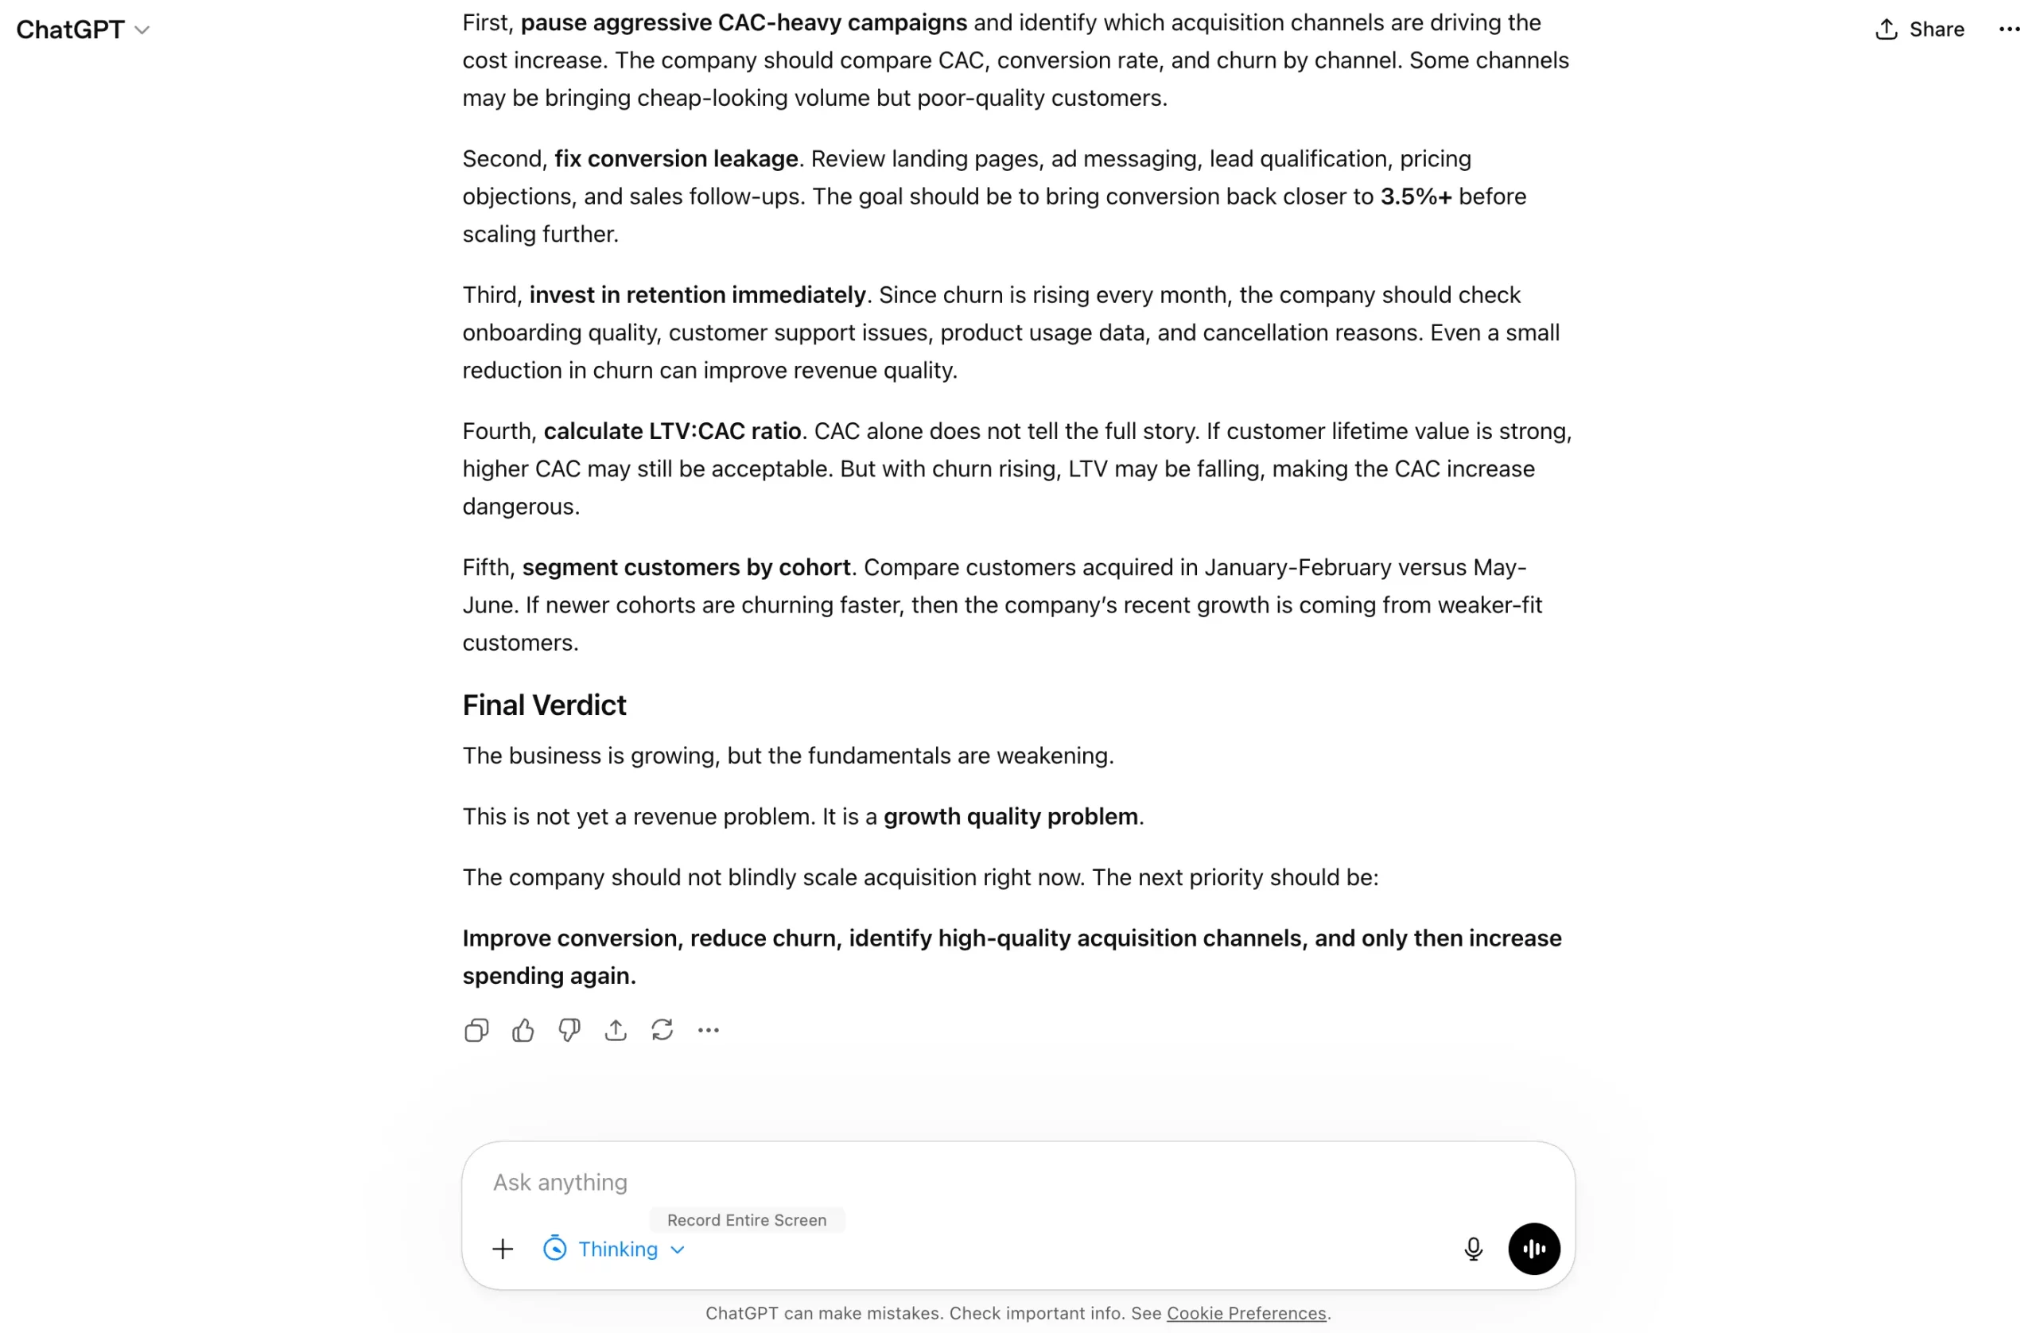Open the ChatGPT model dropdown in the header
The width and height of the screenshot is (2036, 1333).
(x=83, y=30)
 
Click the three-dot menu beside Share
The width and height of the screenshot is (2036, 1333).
(x=2009, y=30)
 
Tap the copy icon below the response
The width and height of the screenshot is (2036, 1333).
(x=476, y=1030)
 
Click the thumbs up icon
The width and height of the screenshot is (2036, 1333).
(x=523, y=1030)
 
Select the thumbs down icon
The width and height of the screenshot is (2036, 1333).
(x=569, y=1030)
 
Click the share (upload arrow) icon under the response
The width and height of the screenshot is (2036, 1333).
(x=616, y=1030)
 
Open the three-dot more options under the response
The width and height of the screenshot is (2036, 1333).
(x=709, y=1030)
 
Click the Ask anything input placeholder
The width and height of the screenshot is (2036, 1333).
(x=561, y=1182)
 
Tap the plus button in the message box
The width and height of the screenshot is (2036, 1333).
(x=503, y=1249)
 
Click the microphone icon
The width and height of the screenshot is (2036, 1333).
(x=1473, y=1249)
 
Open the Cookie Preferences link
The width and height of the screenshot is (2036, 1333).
(x=1245, y=1313)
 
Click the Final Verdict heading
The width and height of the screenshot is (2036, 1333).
(x=544, y=705)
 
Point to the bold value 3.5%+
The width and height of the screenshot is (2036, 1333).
(x=1416, y=196)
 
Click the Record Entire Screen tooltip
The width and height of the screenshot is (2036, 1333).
(x=747, y=1220)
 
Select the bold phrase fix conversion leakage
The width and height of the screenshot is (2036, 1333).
(x=676, y=159)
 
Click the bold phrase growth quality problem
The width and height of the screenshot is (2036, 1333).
(x=1010, y=816)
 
